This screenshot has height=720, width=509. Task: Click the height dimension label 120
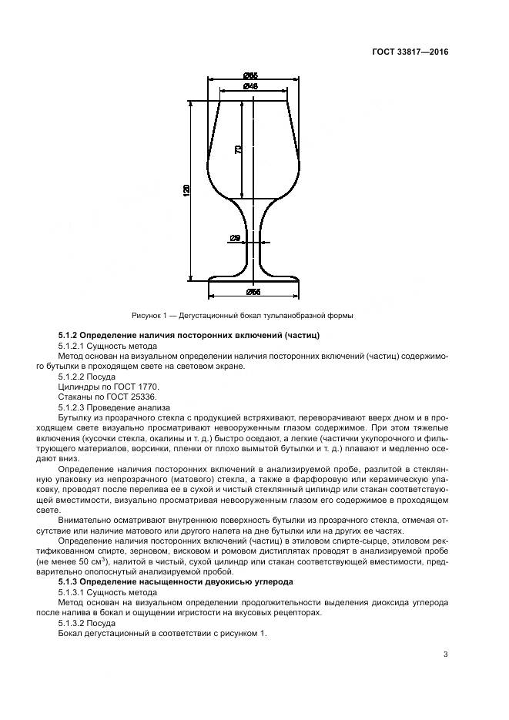point(186,190)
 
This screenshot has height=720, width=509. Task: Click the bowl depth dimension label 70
point(239,149)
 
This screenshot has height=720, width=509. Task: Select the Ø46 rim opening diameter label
point(250,86)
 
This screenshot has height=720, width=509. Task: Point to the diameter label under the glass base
point(252,292)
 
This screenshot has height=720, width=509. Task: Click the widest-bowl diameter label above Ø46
point(250,75)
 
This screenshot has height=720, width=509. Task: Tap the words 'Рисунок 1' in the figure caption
point(151,315)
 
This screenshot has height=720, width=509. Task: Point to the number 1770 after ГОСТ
point(146,387)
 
